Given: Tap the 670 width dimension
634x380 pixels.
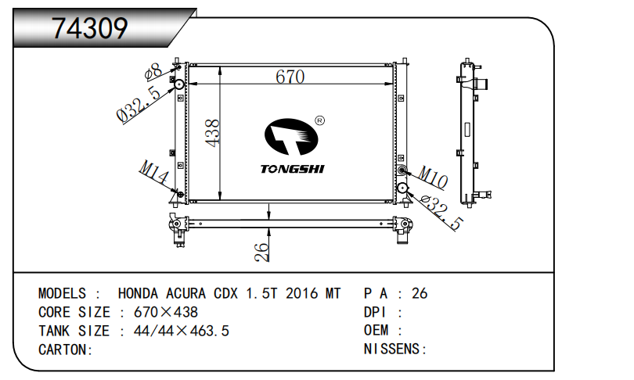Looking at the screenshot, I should [x=289, y=77].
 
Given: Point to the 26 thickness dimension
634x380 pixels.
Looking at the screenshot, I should [x=261, y=250].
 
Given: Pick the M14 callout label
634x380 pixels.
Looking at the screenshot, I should [x=153, y=173].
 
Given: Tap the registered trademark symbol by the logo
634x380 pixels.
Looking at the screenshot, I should [x=319, y=120].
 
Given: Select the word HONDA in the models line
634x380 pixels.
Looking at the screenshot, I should [x=139, y=294].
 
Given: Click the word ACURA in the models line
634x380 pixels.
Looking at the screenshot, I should [x=186, y=294].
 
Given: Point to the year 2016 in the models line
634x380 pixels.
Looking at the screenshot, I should [x=301, y=294].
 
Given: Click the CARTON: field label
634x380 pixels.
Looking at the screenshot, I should [x=66, y=350].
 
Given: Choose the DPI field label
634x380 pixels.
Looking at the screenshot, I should [x=377, y=312].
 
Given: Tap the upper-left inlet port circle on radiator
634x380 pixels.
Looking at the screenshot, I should [x=178, y=84].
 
